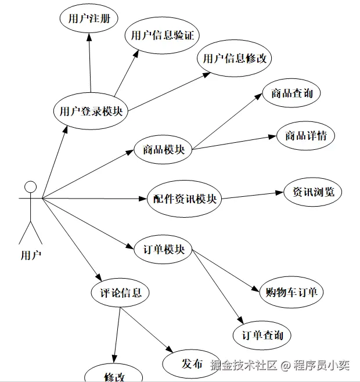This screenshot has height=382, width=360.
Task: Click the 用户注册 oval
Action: (x=89, y=18)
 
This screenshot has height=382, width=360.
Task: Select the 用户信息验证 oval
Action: (x=162, y=36)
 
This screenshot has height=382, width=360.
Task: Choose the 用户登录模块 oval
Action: (x=91, y=110)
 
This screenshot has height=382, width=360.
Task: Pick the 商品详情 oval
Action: (x=305, y=136)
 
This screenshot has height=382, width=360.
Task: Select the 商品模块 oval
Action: (x=163, y=149)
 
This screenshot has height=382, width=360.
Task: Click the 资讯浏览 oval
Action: (x=313, y=192)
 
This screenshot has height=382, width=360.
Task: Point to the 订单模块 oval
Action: (x=163, y=250)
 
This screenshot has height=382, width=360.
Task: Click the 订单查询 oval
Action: (x=262, y=336)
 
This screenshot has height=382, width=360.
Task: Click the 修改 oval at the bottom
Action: (x=114, y=375)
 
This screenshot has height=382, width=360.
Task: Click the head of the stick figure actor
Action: (x=30, y=187)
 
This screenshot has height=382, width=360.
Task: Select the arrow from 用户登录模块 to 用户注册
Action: (x=89, y=64)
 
